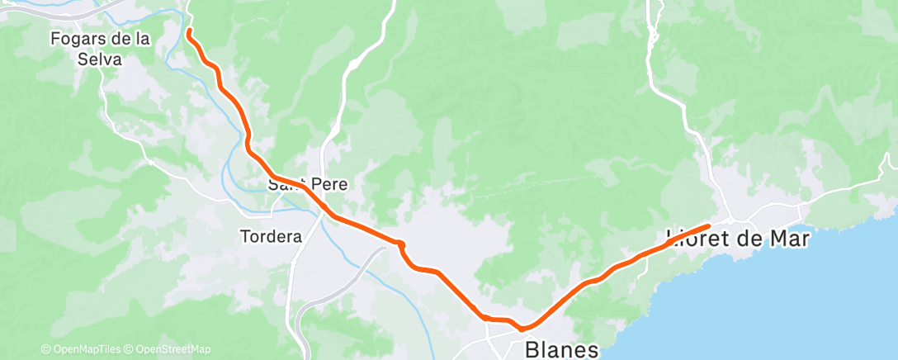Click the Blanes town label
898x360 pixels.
click(x=561, y=350)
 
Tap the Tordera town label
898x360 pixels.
click(x=271, y=236)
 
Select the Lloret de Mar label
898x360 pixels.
click(x=738, y=239)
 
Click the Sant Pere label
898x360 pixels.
click(x=308, y=184)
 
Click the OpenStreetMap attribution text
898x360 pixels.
click(x=172, y=349)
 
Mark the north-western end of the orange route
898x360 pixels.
click(x=189, y=31)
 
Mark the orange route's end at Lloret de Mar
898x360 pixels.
click(x=708, y=225)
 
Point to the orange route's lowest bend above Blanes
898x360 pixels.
click(x=522, y=328)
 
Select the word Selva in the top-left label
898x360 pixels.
click(x=99, y=59)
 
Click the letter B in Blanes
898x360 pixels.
click(x=532, y=350)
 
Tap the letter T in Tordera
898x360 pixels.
click(x=243, y=236)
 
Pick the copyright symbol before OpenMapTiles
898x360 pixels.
click(x=45, y=349)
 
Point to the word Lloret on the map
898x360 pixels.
click(x=693, y=239)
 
